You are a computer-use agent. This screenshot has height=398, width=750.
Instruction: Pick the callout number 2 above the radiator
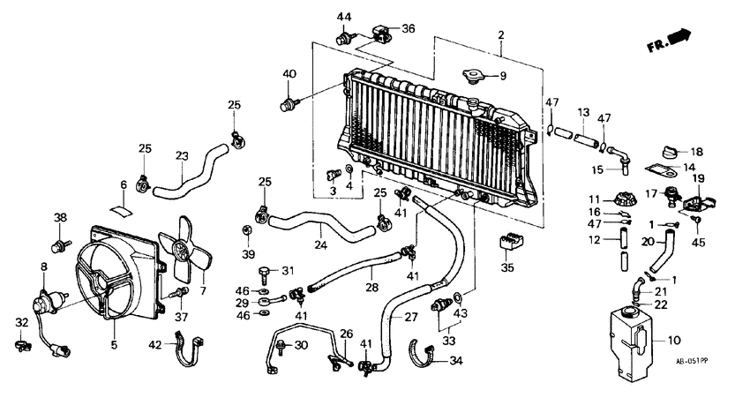tap(500, 35)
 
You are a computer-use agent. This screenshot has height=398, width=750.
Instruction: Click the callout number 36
tap(408, 28)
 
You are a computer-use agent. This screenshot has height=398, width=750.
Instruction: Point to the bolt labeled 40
tap(288, 107)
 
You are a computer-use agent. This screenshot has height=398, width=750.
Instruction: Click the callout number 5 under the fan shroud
tap(114, 345)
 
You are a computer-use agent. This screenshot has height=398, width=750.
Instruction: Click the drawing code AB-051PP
tap(694, 361)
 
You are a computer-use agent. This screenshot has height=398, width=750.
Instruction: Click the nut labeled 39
tap(248, 231)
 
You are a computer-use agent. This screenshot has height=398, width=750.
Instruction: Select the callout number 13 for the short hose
tap(583, 112)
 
